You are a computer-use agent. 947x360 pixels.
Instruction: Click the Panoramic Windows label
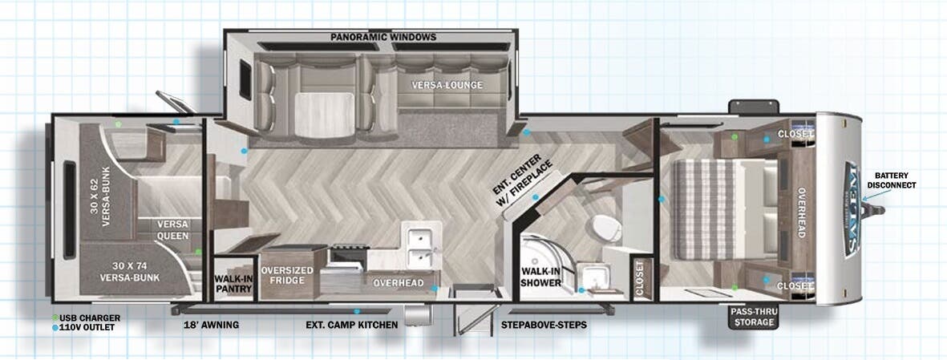(x=383, y=37)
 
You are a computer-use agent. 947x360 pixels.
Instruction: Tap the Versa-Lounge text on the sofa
(x=447, y=85)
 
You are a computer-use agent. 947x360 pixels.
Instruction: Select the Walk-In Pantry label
(x=233, y=284)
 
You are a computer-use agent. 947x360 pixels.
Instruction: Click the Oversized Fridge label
(x=287, y=276)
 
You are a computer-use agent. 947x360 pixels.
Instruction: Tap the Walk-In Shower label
(x=541, y=277)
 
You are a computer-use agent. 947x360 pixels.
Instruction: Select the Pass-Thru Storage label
(x=754, y=318)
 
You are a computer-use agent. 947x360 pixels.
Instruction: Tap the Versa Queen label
(x=172, y=230)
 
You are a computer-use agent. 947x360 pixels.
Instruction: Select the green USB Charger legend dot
(x=55, y=318)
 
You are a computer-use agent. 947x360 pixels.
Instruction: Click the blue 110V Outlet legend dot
(x=55, y=327)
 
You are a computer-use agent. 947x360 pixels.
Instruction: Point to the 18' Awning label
(x=212, y=325)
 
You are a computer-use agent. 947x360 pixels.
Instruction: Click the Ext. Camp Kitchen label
(x=351, y=325)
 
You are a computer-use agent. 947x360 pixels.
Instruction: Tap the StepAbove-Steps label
(x=544, y=325)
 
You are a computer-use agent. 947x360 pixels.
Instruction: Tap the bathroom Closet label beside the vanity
(x=640, y=278)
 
